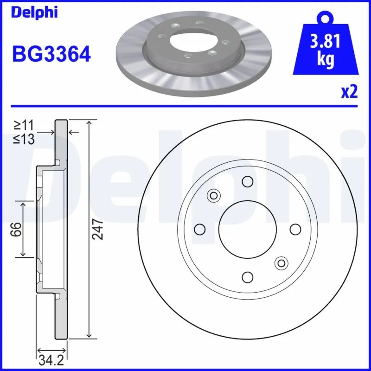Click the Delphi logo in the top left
click(x=35, y=13)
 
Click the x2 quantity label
click(x=349, y=92)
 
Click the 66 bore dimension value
click(x=16, y=229)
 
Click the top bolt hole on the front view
click(x=248, y=181)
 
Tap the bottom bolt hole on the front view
click(x=248, y=277)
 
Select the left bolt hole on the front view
click(x=200, y=229)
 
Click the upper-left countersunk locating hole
click(x=214, y=195)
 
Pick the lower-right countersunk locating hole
click(x=281, y=263)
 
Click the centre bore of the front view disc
click(x=248, y=229)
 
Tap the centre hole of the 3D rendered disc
click(x=191, y=40)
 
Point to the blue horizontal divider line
click(x=185, y=106)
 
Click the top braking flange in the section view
click(x=62, y=139)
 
